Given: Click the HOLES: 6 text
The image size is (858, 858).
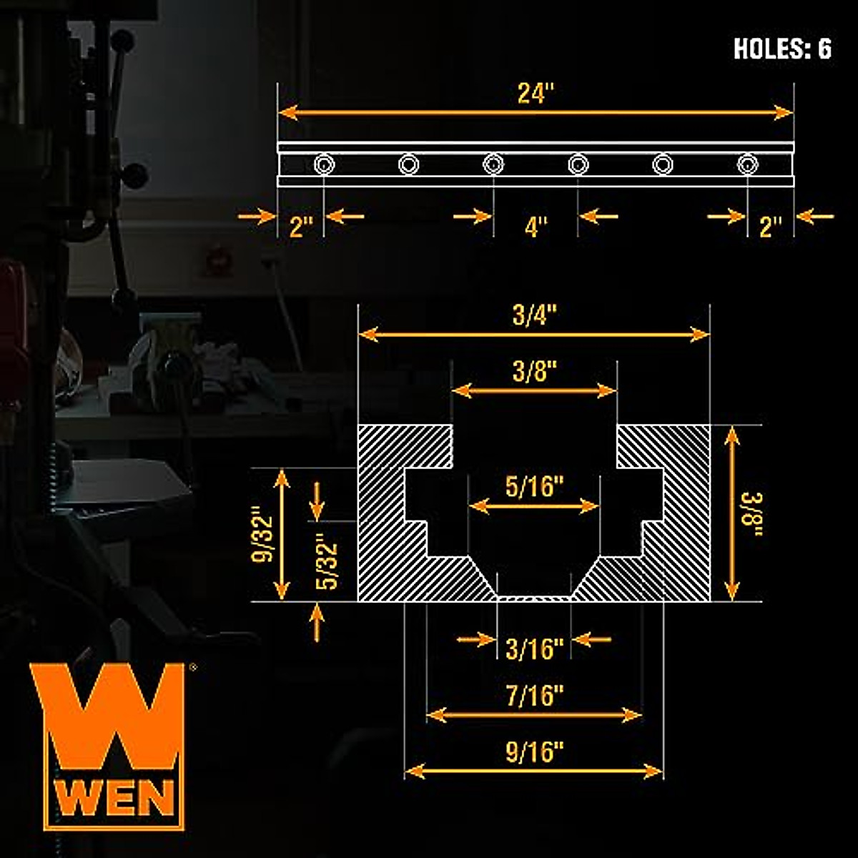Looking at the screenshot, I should tap(782, 49).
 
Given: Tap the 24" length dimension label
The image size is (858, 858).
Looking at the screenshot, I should tap(536, 94).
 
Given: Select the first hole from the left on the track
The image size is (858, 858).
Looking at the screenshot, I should tap(324, 165).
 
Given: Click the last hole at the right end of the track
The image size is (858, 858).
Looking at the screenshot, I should tap(747, 165).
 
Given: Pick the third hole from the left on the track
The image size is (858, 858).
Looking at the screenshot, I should tap(493, 165).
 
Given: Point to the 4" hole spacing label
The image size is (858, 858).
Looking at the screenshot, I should tap(536, 227).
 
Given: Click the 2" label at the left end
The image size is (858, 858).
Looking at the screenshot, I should tap(301, 227).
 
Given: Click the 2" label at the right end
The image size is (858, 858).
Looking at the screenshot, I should tap(770, 227).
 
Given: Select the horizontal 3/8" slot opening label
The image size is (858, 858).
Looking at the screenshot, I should tap(534, 372).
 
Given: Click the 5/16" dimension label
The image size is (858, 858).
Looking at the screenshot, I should tap(534, 487).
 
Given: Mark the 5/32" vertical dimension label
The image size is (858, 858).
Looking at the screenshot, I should tap(327, 562).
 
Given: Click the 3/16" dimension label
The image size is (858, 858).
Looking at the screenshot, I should tap(534, 649).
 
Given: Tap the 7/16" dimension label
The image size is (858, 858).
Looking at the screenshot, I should tap(534, 696).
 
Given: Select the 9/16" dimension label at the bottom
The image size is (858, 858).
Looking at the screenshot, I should tap(534, 753).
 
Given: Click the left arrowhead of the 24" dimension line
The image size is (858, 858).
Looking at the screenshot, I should tap(285, 112).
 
